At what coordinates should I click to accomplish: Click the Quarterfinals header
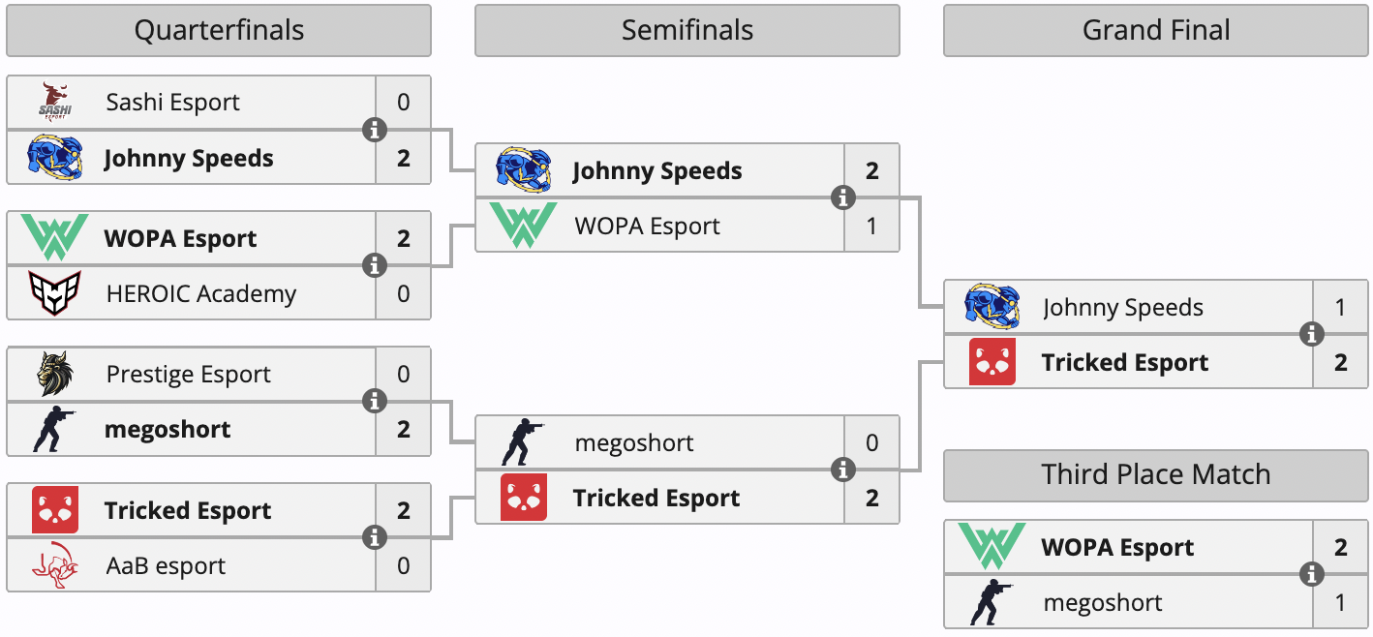coord(219,31)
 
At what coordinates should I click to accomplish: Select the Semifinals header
coord(686,31)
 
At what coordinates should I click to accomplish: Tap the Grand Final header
coord(1156,31)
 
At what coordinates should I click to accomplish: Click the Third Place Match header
coord(1156,475)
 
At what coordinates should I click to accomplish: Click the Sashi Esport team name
coord(172,103)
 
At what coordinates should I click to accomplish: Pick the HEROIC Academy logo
coord(55,293)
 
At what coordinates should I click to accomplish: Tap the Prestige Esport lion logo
coord(55,375)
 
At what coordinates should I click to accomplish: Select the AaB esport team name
coord(166,566)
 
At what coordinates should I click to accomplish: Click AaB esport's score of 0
coord(404,566)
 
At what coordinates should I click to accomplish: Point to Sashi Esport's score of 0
coord(404,103)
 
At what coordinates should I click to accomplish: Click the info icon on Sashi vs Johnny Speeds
coord(375,130)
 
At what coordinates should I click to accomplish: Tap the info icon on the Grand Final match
coord(1312,335)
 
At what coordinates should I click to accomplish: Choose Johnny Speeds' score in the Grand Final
coord(1341,308)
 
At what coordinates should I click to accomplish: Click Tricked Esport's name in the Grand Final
coord(1125,363)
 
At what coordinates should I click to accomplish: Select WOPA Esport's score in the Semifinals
coord(872,227)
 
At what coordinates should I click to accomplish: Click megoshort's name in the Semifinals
coord(634,443)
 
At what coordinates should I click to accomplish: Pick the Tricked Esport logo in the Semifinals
coord(524,498)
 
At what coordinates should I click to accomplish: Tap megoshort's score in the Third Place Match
coord(1341,603)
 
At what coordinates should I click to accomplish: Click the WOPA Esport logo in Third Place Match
coord(992,547)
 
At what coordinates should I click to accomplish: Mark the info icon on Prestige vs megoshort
coord(375,401)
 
